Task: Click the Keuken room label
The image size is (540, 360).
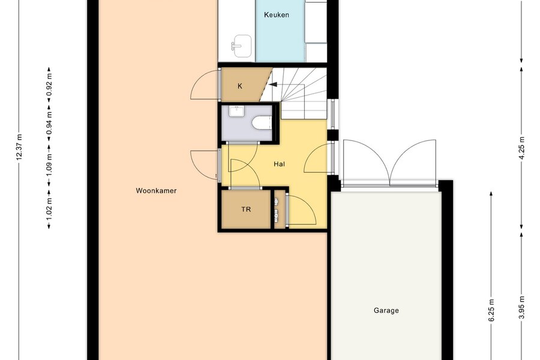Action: point(276,15)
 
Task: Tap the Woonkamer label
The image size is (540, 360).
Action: point(156,191)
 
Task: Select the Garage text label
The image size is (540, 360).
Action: point(386,310)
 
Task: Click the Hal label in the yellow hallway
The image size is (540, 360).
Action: point(279,164)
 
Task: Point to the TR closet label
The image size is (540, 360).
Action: point(246,209)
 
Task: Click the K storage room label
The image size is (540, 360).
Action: point(239,86)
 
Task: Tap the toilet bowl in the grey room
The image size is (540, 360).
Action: point(262,122)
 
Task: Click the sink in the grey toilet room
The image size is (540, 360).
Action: point(237,112)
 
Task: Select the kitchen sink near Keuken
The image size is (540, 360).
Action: point(241,46)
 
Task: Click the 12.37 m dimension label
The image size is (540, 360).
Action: point(19,147)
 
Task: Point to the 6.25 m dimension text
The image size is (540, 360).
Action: point(491,310)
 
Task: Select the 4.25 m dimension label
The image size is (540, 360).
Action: point(522,148)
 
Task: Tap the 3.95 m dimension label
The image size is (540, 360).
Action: point(522,308)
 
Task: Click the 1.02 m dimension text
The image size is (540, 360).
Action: point(49,208)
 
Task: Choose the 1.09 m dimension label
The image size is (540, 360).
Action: point(49,164)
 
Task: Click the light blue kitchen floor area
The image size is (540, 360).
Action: point(280,38)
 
